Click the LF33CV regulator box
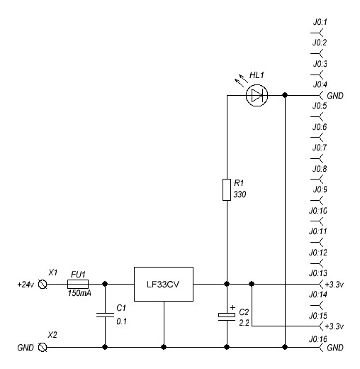click(x=164, y=284)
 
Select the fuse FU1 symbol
click(x=78, y=284)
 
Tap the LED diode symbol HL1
click(x=257, y=95)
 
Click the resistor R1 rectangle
click(x=227, y=189)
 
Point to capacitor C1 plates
click(x=105, y=315)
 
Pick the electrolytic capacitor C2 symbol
click(x=227, y=316)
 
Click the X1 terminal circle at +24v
click(x=43, y=284)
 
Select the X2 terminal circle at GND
click(x=43, y=347)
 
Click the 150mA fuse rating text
click(x=79, y=293)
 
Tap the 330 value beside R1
click(x=240, y=194)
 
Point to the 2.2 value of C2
click(x=244, y=323)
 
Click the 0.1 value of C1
click(x=122, y=321)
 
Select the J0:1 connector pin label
click(x=320, y=22)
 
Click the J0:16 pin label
click(x=318, y=339)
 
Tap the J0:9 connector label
click(x=320, y=189)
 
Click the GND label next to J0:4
click(x=335, y=96)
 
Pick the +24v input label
click(x=26, y=285)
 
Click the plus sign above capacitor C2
click(x=232, y=307)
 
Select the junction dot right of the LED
click(x=285, y=95)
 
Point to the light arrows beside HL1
click(x=241, y=80)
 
